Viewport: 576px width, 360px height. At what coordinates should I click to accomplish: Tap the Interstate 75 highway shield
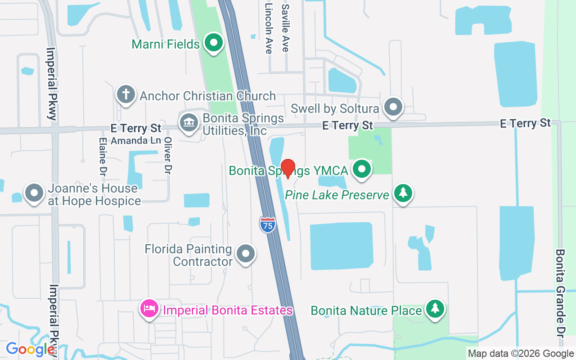[x=267, y=225]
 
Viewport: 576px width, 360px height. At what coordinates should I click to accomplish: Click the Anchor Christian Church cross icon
[x=126, y=94]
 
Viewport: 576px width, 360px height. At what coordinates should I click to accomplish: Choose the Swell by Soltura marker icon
[x=394, y=107]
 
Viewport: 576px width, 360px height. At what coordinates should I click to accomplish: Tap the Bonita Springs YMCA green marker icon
[x=361, y=169]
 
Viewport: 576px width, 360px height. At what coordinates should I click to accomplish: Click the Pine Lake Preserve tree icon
[x=403, y=193]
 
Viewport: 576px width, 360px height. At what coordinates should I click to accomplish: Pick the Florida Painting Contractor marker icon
[x=245, y=254]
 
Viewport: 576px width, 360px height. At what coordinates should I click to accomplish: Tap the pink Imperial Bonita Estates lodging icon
[x=149, y=309]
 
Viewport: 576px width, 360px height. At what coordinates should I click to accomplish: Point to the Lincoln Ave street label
[x=269, y=28]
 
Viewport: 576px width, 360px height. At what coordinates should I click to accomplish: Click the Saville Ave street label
[x=285, y=28]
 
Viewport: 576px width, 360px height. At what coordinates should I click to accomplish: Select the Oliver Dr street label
[x=168, y=156]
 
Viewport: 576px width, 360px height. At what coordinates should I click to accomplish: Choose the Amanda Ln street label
[x=135, y=140]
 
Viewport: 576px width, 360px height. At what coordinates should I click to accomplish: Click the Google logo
[x=30, y=349]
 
